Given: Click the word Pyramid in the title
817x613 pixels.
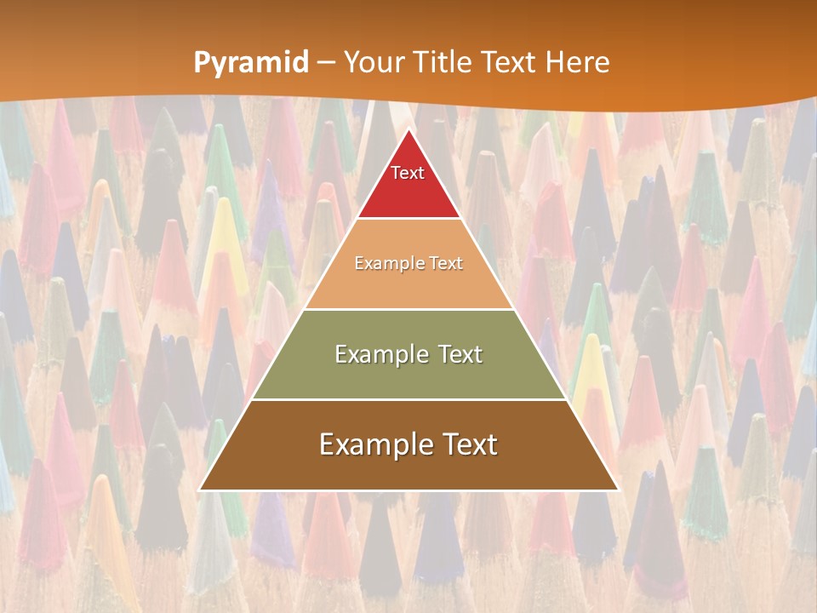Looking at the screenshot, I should [x=251, y=63].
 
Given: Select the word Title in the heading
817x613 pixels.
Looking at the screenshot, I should [x=446, y=62].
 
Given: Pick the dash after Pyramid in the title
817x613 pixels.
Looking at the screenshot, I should [x=326, y=63].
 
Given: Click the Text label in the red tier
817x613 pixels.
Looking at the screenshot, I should [x=408, y=173].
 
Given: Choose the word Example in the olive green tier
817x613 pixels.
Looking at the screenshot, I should [x=379, y=354].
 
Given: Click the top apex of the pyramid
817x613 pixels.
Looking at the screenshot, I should [x=408, y=129].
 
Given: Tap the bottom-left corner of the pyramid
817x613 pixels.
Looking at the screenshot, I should [x=200, y=490].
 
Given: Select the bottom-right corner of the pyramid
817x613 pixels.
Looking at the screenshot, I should [x=617, y=490].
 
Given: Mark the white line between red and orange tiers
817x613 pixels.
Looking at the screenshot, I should [x=408, y=219].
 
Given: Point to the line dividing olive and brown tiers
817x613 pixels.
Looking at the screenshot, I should [x=408, y=400].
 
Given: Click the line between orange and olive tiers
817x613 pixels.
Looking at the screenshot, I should [x=408, y=309].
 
